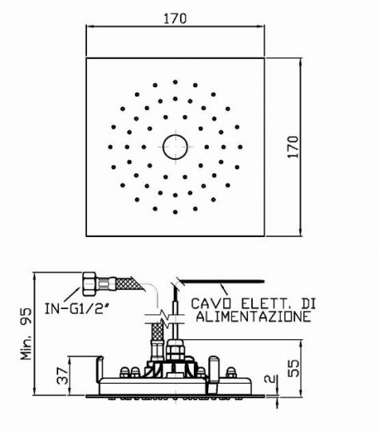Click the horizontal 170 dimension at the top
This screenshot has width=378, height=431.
[x=175, y=18]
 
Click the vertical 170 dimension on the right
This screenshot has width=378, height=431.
[x=293, y=147]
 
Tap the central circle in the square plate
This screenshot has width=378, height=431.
[x=175, y=147]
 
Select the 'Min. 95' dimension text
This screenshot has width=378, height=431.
[x=26, y=334]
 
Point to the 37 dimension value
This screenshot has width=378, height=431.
[x=62, y=375]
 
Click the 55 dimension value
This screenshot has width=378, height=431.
[x=293, y=368]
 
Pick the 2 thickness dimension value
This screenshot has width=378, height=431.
[x=270, y=379]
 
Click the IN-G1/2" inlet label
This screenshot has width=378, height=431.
[x=76, y=308]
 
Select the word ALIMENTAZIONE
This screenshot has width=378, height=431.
[x=254, y=317]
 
